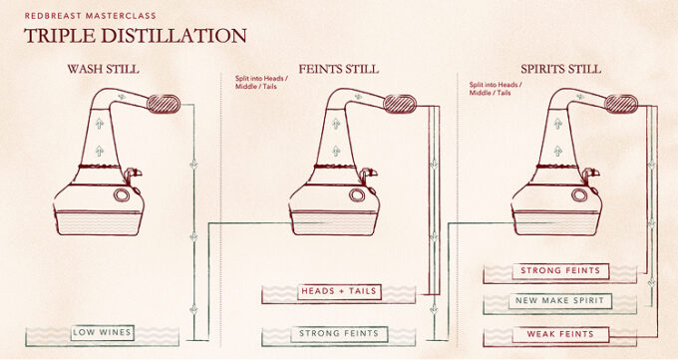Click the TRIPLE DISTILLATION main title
pyautogui.click(x=135, y=36)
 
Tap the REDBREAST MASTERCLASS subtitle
pyautogui.click(x=90, y=16)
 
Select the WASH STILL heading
pyautogui.click(x=103, y=69)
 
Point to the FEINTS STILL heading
pyautogui.click(x=339, y=69)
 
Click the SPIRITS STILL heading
pyautogui.click(x=560, y=69)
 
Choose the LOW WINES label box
pyautogui.click(x=102, y=333)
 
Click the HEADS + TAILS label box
pyautogui.click(x=339, y=291)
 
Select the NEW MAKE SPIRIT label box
pyautogui.click(x=559, y=301)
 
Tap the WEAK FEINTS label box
pyautogui.click(x=560, y=334)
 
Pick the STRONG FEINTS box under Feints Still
pyautogui.click(x=339, y=334)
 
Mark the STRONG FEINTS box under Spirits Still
pyautogui.click(x=560, y=271)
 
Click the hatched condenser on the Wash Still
pyautogui.click(x=164, y=105)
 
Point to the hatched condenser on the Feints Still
pyautogui.click(x=400, y=105)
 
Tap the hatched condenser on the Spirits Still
pyautogui.click(x=621, y=105)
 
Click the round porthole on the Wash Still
pyautogui.click(x=122, y=194)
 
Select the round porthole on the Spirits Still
pyautogui.click(x=579, y=194)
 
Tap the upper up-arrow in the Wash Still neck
pyautogui.click(x=100, y=125)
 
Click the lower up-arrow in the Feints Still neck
pyautogui.click(x=336, y=151)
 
